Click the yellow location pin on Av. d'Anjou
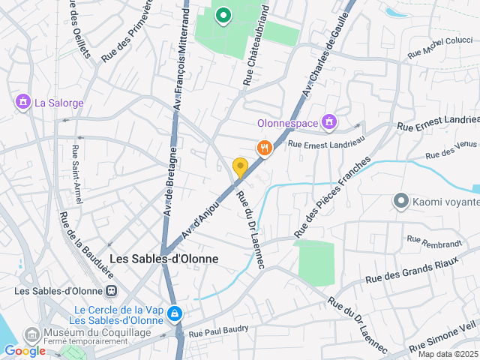click(240, 166)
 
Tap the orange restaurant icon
click(263, 148)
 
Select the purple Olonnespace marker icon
click(328, 121)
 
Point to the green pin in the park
click(223, 14)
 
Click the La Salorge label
click(59, 103)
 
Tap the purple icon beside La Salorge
click(23, 101)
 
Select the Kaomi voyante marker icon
click(400, 201)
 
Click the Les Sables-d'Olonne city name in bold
click(164, 259)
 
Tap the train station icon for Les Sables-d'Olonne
click(112, 291)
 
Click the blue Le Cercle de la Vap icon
click(175, 313)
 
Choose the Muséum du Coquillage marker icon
click(32, 333)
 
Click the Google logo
click(25, 350)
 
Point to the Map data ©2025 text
click(448, 354)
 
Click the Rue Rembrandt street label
click(433, 241)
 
